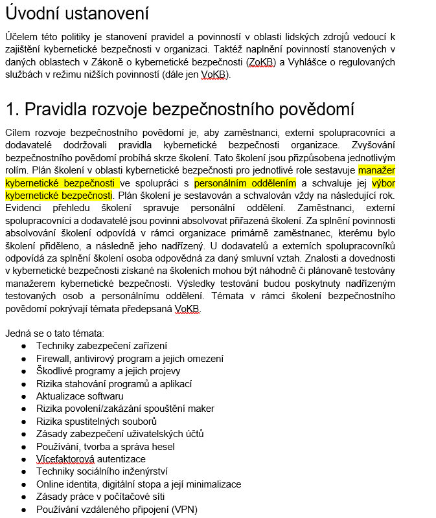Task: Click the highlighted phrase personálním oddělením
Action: point(245,183)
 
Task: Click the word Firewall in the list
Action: point(53,359)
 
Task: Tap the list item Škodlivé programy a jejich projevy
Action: point(108,371)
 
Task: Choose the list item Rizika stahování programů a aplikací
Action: point(113,384)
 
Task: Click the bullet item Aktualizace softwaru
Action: point(80,396)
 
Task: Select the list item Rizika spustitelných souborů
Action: point(97,422)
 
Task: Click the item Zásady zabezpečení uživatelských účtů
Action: point(120,434)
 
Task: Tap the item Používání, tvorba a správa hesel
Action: point(105,447)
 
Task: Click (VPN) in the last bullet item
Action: point(184,510)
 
